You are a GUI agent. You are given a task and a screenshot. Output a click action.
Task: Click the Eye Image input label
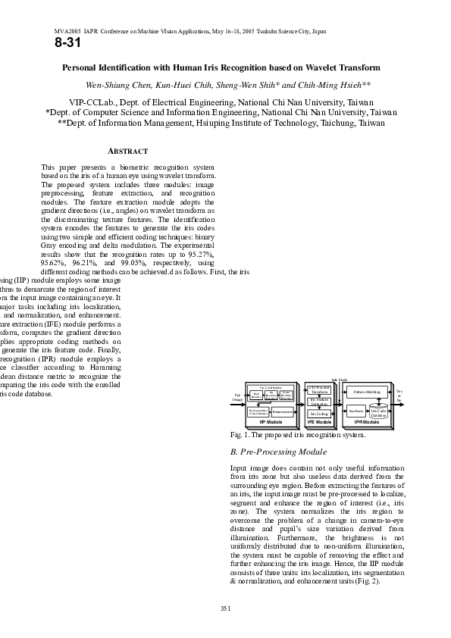[236, 397]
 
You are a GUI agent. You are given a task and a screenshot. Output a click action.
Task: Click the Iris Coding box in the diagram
[319, 414]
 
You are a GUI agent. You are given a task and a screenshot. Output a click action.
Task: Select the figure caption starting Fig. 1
[291, 436]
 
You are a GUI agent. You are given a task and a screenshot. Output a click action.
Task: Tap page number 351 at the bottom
[225, 608]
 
